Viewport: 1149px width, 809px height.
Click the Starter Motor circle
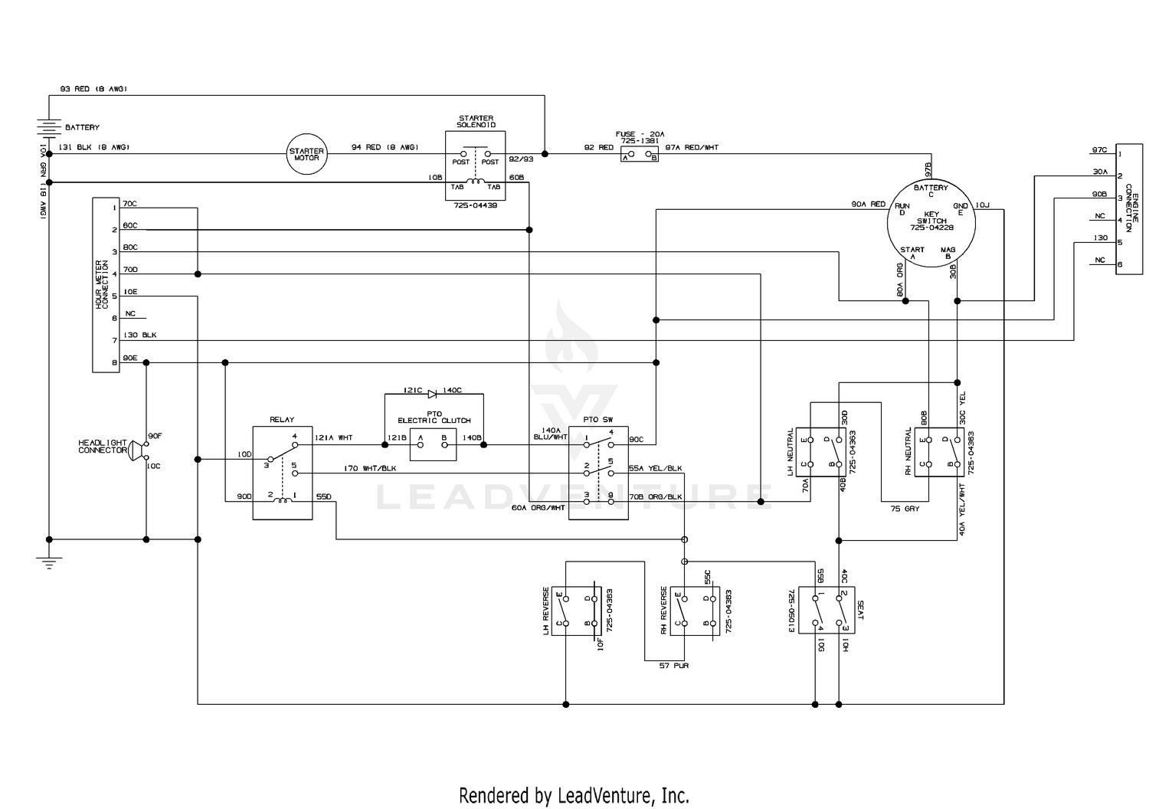[306, 154]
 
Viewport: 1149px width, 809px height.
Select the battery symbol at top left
[49, 127]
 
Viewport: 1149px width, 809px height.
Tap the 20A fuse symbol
[640, 156]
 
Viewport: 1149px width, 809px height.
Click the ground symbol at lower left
[49, 563]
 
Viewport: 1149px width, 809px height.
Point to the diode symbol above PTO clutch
[432, 394]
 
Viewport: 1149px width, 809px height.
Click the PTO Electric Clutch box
[433, 445]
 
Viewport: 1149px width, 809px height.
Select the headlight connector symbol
[136, 451]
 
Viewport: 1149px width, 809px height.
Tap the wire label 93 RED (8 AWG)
[93, 90]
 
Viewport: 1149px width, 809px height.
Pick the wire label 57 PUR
[674, 666]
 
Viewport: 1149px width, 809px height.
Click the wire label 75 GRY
[905, 508]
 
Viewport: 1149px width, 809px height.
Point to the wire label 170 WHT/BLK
[370, 468]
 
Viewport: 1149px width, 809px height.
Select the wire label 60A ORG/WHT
[538, 508]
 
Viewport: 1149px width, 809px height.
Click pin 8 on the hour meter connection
[114, 362]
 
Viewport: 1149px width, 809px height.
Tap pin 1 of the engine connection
[1120, 154]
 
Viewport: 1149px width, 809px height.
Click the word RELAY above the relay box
[282, 420]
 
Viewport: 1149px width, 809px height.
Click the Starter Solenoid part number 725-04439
[475, 205]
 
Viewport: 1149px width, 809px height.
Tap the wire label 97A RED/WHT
[692, 147]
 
